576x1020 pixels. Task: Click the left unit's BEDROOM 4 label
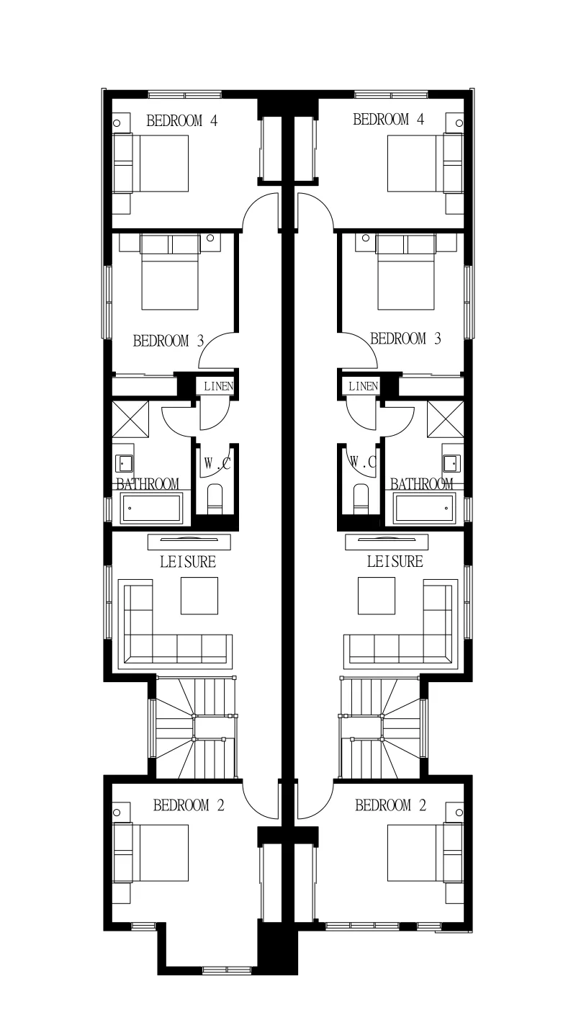[181, 121]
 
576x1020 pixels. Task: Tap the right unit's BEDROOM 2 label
[390, 805]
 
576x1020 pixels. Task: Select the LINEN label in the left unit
[218, 387]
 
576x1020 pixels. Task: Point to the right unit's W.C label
[363, 462]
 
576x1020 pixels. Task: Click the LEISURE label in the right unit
[395, 561]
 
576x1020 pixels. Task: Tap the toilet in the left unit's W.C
[215, 499]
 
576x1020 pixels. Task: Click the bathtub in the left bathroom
[151, 508]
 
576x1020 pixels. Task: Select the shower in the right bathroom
[445, 419]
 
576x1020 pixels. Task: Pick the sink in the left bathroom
[124, 464]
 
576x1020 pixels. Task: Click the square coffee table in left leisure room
[199, 596]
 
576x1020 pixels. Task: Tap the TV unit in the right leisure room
[386, 542]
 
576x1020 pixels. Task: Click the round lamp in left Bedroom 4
[117, 123]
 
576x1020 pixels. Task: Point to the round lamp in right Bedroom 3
[366, 238]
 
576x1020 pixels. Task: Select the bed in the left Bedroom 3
[170, 272]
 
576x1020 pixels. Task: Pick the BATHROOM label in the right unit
[421, 483]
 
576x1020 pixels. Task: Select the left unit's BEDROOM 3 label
[168, 341]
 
